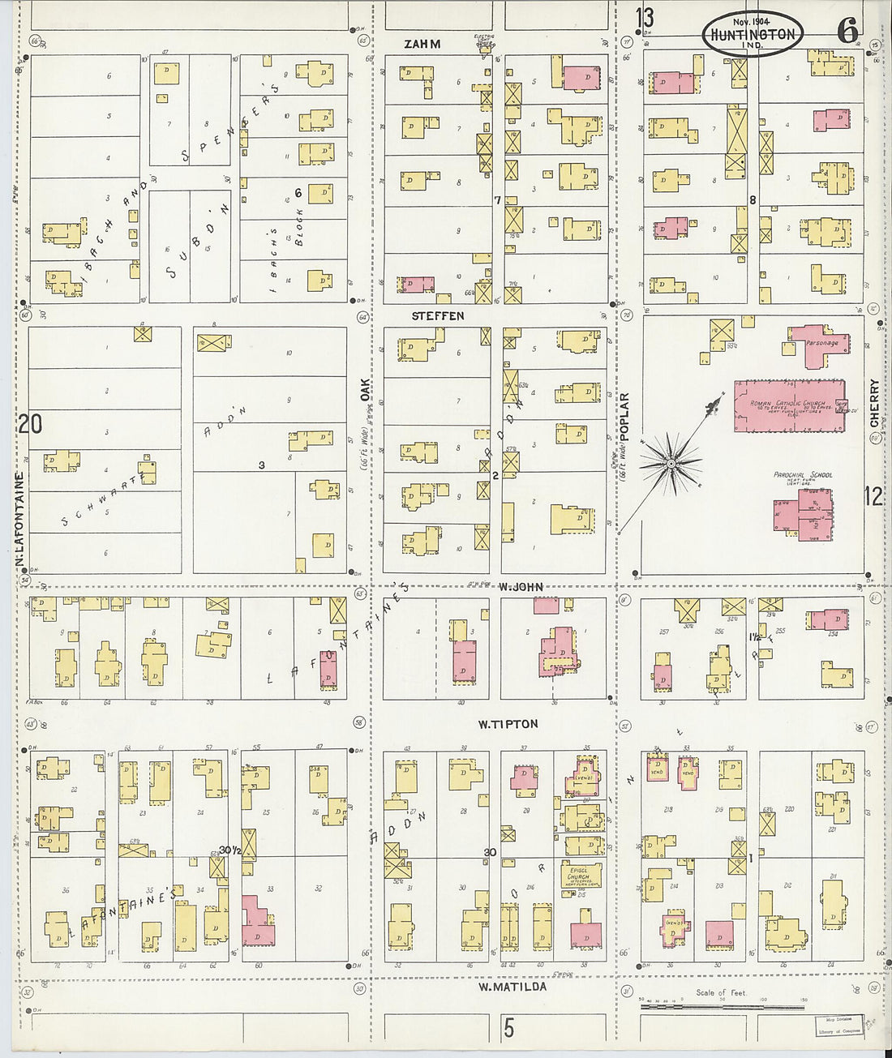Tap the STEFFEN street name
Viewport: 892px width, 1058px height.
[x=438, y=315]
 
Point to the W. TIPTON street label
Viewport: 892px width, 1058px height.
[x=508, y=724]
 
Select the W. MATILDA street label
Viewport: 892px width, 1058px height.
[x=512, y=987]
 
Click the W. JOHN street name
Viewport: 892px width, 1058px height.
[x=521, y=586]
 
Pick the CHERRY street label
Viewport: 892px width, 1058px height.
[x=874, y=403]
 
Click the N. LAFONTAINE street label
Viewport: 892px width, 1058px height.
[x=19, y=519]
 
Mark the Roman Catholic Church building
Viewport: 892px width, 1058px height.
[x=789, y=405]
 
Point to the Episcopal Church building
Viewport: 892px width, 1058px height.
[x=579, y=877]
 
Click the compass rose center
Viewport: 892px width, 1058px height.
[x=671, y=463]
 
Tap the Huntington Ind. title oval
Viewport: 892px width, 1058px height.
[x=753, y=32]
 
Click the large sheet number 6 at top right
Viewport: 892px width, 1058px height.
[x=847, y=31]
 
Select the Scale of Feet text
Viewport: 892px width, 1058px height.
[x=720, y=992]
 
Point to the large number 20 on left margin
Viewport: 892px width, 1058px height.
[x=30, y=423]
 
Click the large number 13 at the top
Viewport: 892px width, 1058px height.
[x=645, y=17]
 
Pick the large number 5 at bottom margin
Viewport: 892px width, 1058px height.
[x=508, y=1029]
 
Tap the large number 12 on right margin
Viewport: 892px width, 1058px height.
[x=873, y=495]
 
